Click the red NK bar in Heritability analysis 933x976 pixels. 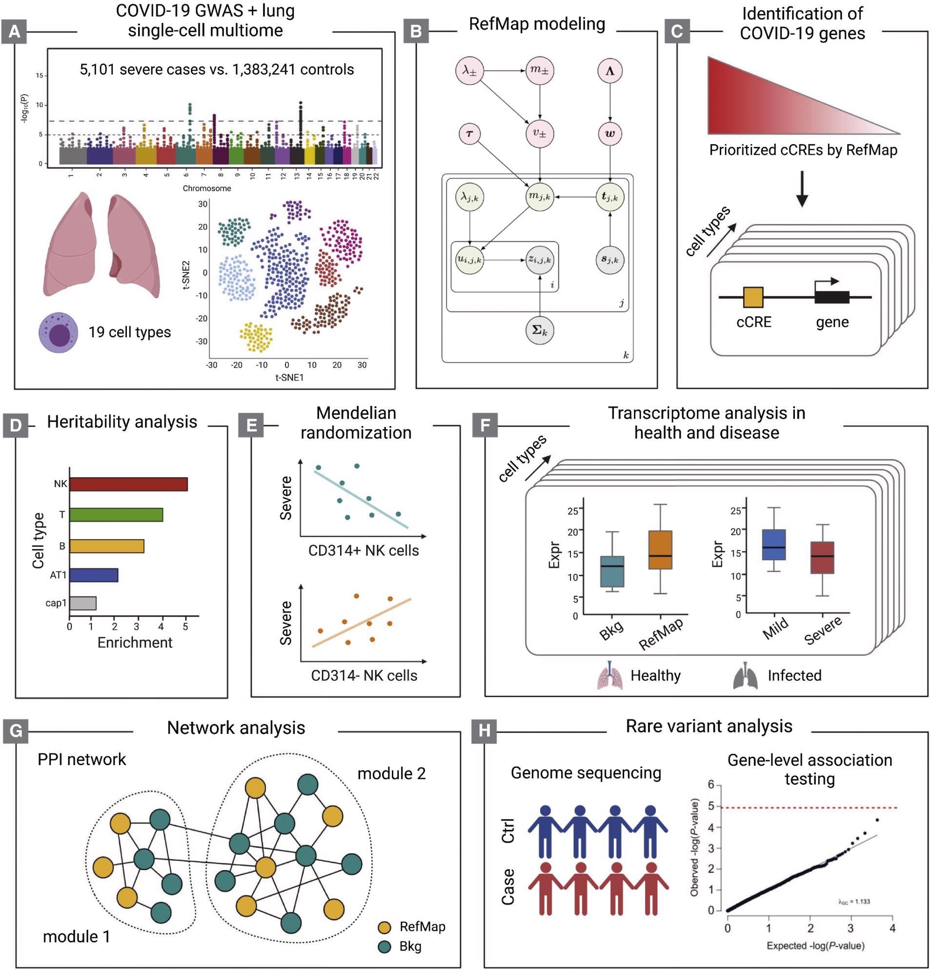[128, 484]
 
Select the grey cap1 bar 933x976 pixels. [82, 603]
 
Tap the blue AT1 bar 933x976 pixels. [94, 575]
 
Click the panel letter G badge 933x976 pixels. [16, 731]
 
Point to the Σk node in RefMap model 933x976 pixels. [540, 330]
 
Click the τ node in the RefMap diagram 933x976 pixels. [469, 134]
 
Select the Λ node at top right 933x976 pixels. [610, 71]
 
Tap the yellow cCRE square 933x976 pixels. [753, 297]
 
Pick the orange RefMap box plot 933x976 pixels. [660, 549]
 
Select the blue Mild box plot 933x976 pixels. [774, 545]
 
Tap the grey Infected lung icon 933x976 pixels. [745, 675]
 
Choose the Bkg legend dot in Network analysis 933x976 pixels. [385, 946]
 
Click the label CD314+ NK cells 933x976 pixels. [364, 550]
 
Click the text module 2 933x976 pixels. [391, 773]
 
